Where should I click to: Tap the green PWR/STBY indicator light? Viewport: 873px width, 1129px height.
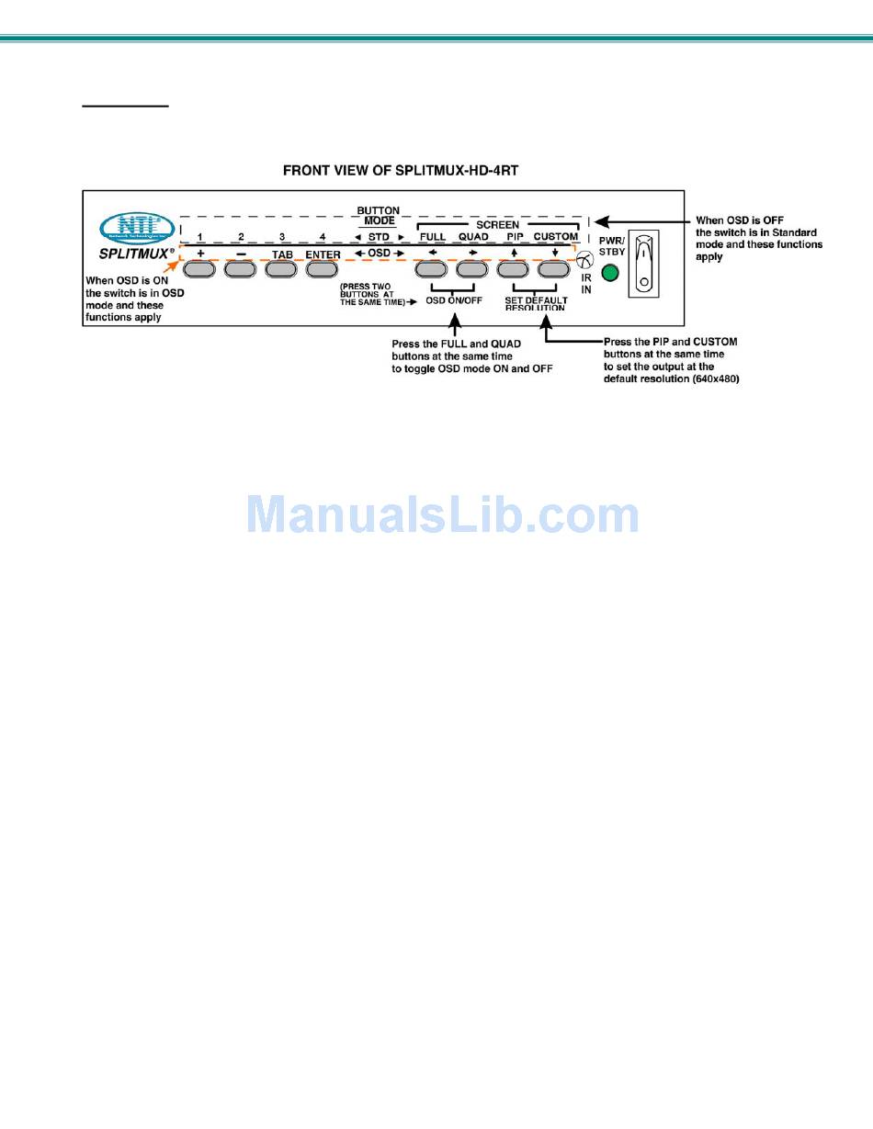pyautogui.click(x=607, y=273)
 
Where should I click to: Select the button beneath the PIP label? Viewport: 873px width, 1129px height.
pyautogui.click(x=513, y=269)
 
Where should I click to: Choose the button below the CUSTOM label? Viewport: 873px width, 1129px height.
pyautogui.click(x=554, y=269)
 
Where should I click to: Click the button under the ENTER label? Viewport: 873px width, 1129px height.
pyautogui.click(x=322, y=270)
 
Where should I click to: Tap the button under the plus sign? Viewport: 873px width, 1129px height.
pyautogui.click(x=198, y=270)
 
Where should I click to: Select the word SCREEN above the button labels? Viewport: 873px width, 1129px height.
pyautogui.click(x=497, y=224)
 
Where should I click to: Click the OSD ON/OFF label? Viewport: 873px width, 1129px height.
pyautogui.click(x=454, y=300)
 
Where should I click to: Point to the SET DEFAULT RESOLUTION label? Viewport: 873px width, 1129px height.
pyautogui.click(x=536, y=304)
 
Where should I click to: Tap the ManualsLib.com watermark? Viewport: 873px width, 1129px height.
pyautogui.click(x=442, y=514)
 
